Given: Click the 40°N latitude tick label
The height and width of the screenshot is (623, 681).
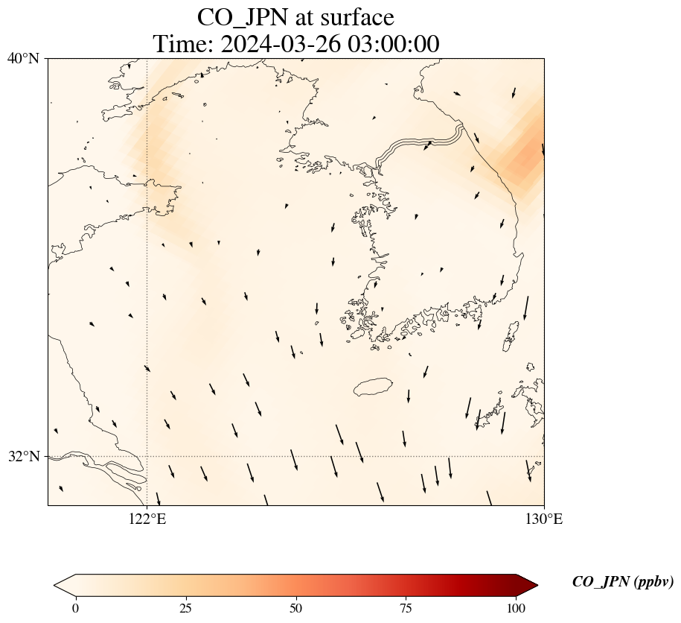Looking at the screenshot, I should click(x=24, y=58).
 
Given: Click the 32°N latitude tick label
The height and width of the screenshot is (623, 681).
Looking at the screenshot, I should click(x=24, y=456).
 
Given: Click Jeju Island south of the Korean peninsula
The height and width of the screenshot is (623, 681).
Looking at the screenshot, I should click(x=373, y=387).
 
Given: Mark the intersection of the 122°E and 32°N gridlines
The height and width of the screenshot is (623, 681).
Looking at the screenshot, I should click(x=147, y=456).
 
